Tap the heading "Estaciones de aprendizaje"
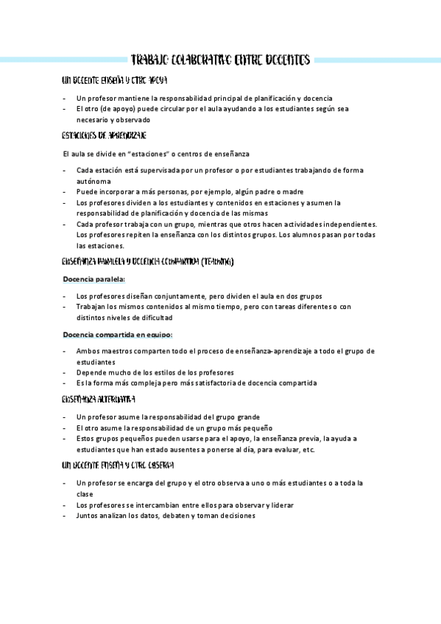click(105, 135)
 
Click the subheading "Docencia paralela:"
click(94, 279)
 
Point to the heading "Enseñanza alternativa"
click(99, 400)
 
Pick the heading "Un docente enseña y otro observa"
click(119, 466)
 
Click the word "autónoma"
click(94, 181)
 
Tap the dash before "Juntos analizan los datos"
click(65, 516)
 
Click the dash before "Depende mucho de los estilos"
click(65, 372)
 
